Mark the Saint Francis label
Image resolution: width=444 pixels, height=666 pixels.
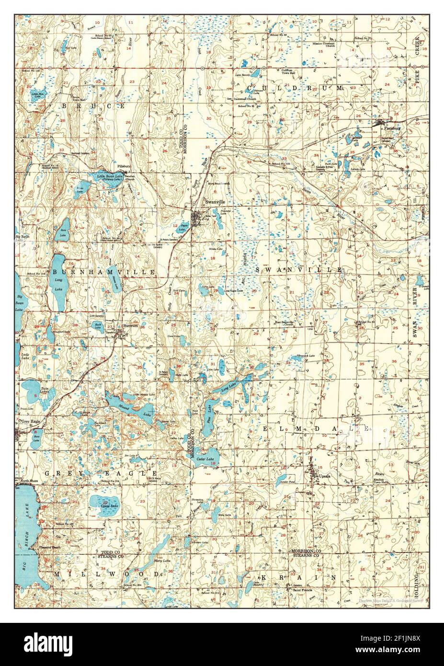click(297, 590)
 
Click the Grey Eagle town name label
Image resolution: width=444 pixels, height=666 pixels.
click(28, 421)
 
